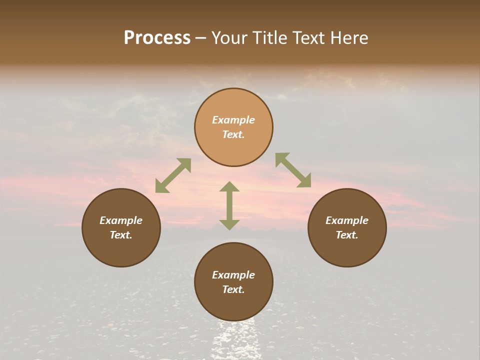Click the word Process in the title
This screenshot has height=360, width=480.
pyautogui.click(x=157, y=38)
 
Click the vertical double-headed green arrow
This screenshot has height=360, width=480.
pyautogui.click(x=229, y=205)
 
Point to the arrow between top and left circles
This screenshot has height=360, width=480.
pyautogui.click(x=173, y=175)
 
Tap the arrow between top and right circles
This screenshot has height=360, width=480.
pyautogui.click(x=293, y=170)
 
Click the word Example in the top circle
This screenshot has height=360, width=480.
pyautogui.click(x=233, y=120)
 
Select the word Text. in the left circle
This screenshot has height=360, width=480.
pyautogui.click(x=121, y=235)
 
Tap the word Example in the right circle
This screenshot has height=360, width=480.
pyautogui.click(x=347, y=220)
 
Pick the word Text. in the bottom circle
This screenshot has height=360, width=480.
pyautogui.click(x=233, y=289)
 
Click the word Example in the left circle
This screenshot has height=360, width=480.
pyautogui.click(x=121, y=220)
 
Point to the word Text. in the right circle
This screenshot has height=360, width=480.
pyautogui.click(x=347, y=235)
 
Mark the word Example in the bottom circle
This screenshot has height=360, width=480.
pyautogui.click(x=233, y=275)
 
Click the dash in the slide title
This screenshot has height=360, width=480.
pyautogui.click(x=201, y=38)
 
